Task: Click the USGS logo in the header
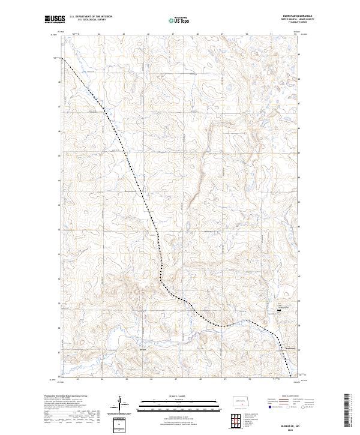pos(54,20)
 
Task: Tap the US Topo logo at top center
pos(179,20)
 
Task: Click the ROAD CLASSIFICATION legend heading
pos(289,397)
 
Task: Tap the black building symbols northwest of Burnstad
pos(279,310)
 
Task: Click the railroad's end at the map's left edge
pos(61,58)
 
